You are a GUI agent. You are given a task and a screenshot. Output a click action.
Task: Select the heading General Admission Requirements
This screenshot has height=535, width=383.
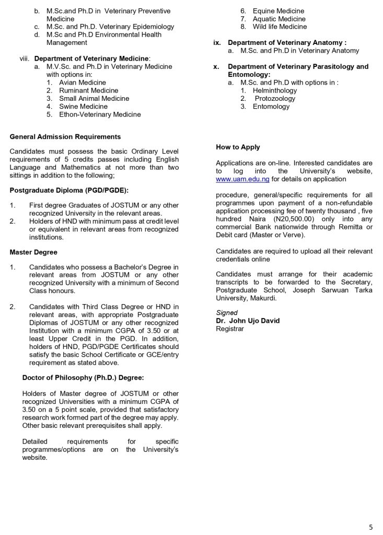pyautogui.click(x=65, y=137)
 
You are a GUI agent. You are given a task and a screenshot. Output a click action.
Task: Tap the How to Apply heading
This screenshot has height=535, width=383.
pyautogui.click(x=238, y=147)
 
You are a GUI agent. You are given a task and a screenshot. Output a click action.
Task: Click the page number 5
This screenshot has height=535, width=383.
pyautogui.click(x=371, y=527)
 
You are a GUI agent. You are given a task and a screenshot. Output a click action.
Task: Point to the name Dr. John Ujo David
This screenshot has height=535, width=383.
pyautogui.click(x=248, y=321)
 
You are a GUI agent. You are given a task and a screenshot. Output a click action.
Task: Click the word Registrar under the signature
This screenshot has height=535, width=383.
pyautogui.click(x=230, y=329)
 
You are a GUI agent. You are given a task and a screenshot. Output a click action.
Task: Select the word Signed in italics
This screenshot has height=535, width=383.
pyautogui.click(x=227, y=313)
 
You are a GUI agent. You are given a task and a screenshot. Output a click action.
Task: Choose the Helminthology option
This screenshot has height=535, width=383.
pyautogui.click(x=275, y=90)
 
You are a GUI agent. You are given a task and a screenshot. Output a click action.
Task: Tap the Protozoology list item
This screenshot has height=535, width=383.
pyautogui.click(x=276, y=99)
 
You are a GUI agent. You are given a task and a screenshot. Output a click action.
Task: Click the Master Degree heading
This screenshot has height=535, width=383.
pyautogui.click(x=33, y=252)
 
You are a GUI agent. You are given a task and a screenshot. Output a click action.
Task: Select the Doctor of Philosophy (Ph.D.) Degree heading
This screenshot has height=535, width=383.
pyautogui.click(x=83, y=378)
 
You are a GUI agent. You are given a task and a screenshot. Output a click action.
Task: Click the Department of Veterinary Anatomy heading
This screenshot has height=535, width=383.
pyautogui.click(x=287, y=43)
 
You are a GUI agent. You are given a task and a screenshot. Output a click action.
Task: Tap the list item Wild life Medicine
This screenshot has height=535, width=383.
pyautogui.click(x=280, y=27)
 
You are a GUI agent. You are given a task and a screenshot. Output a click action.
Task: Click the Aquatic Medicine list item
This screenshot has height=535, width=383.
pyautogui.click(x=279, y=19)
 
